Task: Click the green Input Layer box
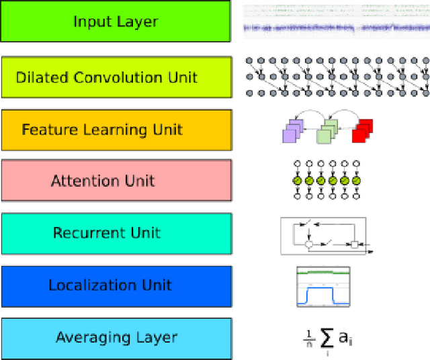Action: (116, 21)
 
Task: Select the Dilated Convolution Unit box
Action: (116, 77)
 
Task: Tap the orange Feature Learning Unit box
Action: (116, 130)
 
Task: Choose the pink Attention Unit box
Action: (116, 181)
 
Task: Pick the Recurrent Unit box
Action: (116, 233)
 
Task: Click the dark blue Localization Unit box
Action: (116, 285)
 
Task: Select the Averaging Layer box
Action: (116, 337)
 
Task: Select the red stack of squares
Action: (363, 129)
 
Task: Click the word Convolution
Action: (126, 77)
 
